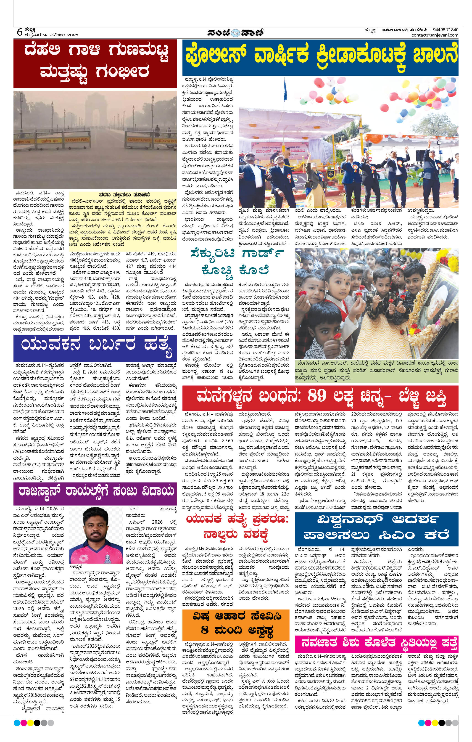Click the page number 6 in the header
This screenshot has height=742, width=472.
tap(19, 32)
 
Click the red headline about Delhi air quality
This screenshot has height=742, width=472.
tap(95, 64)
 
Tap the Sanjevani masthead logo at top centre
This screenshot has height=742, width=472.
tap(235, 32)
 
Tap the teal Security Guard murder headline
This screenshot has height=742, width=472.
tap(237, 262)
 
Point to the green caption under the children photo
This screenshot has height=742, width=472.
tap(377, 371)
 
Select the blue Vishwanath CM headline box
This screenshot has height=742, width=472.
tap(377, 530)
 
